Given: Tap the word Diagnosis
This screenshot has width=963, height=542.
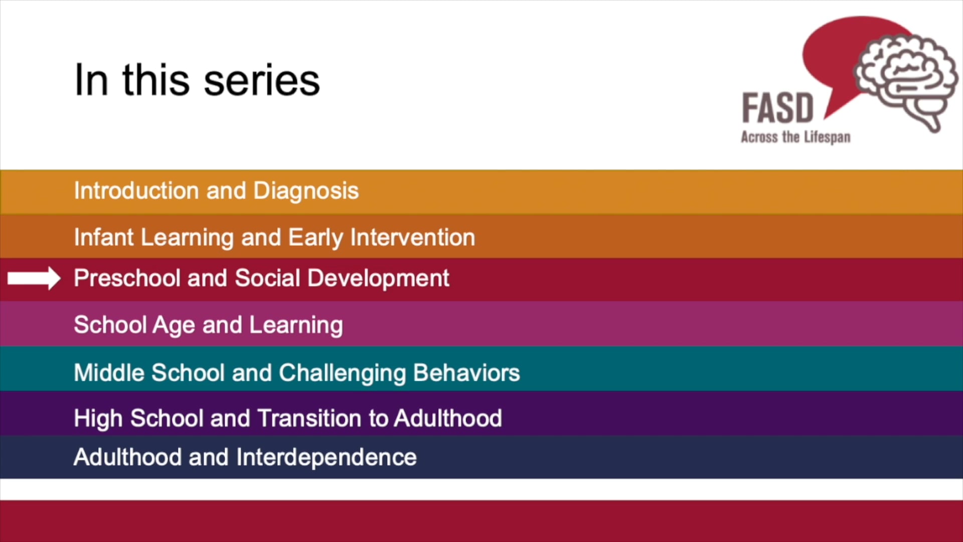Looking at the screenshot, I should click(306, 191).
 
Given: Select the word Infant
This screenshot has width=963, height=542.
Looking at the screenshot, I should click(103, 237).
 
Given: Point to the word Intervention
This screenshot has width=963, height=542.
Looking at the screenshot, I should click(412, 237).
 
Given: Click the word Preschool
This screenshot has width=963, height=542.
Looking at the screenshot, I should click(126, 278).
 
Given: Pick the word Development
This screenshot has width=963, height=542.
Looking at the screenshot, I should click(378, 278).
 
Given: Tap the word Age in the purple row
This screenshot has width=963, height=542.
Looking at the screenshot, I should click(174, 325).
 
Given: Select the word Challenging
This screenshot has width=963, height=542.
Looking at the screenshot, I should click(342, 372).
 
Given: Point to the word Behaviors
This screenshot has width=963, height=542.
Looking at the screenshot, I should click(466, 372).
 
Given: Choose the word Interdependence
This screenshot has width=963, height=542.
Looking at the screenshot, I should click(326, 457).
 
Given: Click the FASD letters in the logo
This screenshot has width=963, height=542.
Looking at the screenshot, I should click(777, 108).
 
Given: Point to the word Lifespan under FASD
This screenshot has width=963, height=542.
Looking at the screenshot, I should click(827, 137).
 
